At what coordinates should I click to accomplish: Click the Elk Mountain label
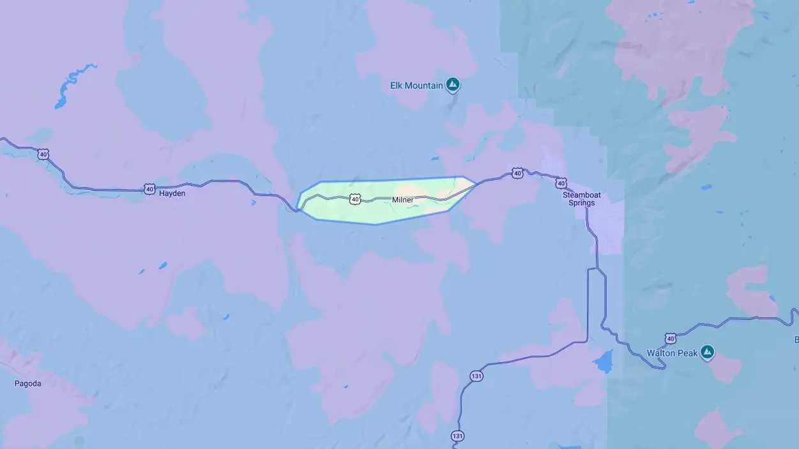coord(416,85)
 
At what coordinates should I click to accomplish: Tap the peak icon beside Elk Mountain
coord(453,84)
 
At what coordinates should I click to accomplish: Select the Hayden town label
coord(172,193)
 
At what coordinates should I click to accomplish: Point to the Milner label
coord(402,200)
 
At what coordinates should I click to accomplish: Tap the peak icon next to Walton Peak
coord(707,351)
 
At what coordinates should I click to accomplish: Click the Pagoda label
coord(28,383)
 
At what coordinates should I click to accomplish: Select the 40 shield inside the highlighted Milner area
coord(355,199)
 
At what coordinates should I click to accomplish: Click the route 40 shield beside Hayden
coord(149,188)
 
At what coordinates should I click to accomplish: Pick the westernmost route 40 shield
coord(43,154)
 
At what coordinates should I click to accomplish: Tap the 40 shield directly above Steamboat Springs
coord(561,183)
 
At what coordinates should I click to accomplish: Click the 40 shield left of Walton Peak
coord(670,337)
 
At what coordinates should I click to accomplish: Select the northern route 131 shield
coord(476,376)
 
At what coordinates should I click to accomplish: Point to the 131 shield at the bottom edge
coord(457,436)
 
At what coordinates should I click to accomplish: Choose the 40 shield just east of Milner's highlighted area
coord(517,172)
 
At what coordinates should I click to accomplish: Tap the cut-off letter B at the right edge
coord(796,339)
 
